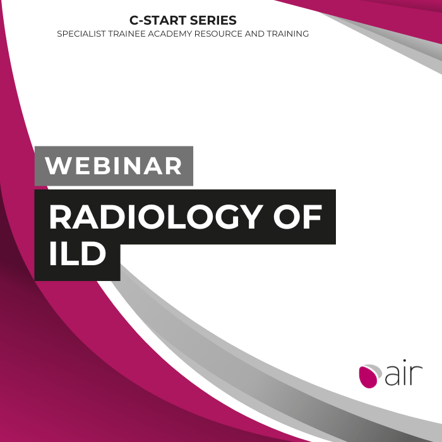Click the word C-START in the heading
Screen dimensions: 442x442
point(158,20)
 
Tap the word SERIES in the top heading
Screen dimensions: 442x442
point(213,20)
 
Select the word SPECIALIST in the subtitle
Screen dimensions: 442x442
point(81,34)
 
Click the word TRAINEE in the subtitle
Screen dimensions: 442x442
point(127,34)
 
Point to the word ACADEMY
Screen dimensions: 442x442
point(170,34)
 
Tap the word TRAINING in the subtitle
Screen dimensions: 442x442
point(288,34)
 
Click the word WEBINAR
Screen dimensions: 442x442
point(113,165)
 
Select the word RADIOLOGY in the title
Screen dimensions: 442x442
point(156,217)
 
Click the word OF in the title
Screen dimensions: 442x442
point(297,217)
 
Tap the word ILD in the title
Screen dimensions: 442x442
point(78,253)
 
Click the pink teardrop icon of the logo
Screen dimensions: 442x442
point(368,376)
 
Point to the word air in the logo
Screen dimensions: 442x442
point(403,373)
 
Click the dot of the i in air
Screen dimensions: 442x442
point(405,361)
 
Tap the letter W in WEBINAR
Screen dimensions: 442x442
point(58,165)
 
